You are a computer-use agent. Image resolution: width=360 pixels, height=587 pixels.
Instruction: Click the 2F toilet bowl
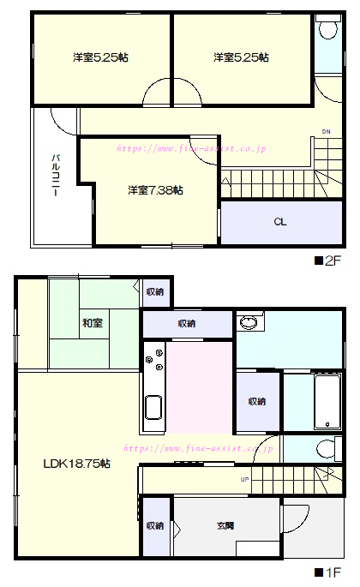[329, 30]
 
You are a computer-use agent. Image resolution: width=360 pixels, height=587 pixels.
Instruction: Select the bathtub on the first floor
[327, 402]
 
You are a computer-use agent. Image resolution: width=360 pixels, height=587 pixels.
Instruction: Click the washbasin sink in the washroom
[249, 322]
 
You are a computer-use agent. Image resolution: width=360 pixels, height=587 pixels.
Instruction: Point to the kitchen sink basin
[153, 407]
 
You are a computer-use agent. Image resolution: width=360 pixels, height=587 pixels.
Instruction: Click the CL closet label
[280, 222]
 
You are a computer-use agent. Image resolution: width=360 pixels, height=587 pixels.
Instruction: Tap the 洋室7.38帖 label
[155, 190]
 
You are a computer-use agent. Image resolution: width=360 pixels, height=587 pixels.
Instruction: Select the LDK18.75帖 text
[77, 464]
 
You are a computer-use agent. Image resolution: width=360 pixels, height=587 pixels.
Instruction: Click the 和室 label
[93, 323]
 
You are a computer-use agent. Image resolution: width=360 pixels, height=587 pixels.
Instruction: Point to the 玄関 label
[225, 525]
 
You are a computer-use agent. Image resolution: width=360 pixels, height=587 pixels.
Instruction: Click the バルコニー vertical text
[56, 175]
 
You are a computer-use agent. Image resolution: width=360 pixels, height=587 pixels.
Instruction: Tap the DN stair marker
[327, 132]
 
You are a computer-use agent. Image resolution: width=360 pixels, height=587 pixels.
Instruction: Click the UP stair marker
[244, 480]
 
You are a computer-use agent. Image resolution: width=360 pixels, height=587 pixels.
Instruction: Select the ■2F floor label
[327, 261]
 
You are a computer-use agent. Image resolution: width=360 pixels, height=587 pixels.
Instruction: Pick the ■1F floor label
[327, 572]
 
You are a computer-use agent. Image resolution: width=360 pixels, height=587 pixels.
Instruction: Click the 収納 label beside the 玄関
[154, 525]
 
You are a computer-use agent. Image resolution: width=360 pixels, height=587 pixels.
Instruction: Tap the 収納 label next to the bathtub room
[257, 401]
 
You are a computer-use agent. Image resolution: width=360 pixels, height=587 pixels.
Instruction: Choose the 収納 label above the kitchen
[187, 323]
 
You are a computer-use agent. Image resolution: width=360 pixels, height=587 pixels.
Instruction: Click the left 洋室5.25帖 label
[100, 57]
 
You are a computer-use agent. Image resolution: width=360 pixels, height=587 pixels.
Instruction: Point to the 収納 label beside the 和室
[154, 291]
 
